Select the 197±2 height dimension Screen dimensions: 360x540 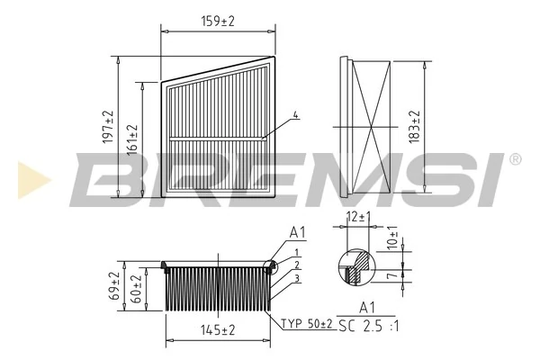[x=109, y=128]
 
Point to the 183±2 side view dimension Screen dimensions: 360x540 [x=416, y=128]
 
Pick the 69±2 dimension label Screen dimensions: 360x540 [x=114, y=287]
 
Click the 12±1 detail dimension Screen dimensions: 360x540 [x=359, y=217]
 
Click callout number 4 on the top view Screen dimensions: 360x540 [x=296, y=115]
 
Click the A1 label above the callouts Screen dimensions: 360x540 [x=298, y=233]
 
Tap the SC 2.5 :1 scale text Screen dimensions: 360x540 [x=372, y=324]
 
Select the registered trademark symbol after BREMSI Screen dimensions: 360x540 [x=514, y=159]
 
